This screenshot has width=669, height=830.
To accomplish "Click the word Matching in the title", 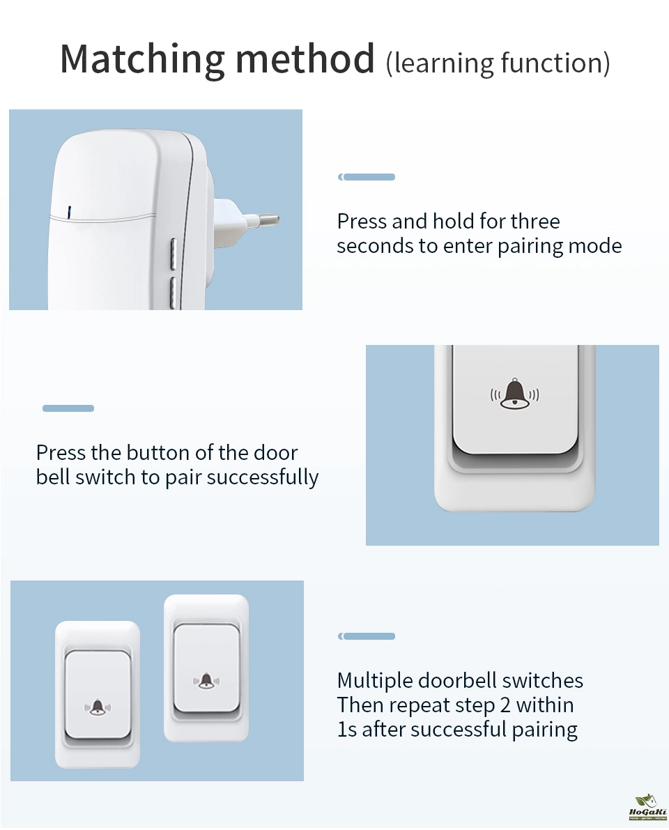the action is click(x=143, y=59).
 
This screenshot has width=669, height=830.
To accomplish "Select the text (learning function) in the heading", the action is click(x=498, y=63).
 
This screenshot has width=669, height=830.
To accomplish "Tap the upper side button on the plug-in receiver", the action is click(x=173, y=254).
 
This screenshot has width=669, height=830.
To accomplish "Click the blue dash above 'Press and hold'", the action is click(x=367, y=177).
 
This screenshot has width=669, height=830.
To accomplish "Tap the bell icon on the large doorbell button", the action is click(x=515, y=394).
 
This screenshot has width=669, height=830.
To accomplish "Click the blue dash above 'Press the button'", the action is click(x=68, y=408).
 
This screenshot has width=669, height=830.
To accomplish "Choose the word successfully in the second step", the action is click(x=262, y=477).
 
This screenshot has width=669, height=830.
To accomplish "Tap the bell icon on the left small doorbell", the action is click(x=98, y=707).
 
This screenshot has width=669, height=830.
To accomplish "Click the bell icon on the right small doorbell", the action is click(x=206, y=681).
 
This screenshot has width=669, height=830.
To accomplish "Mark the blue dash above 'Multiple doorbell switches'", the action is click(x=367, y=636).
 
